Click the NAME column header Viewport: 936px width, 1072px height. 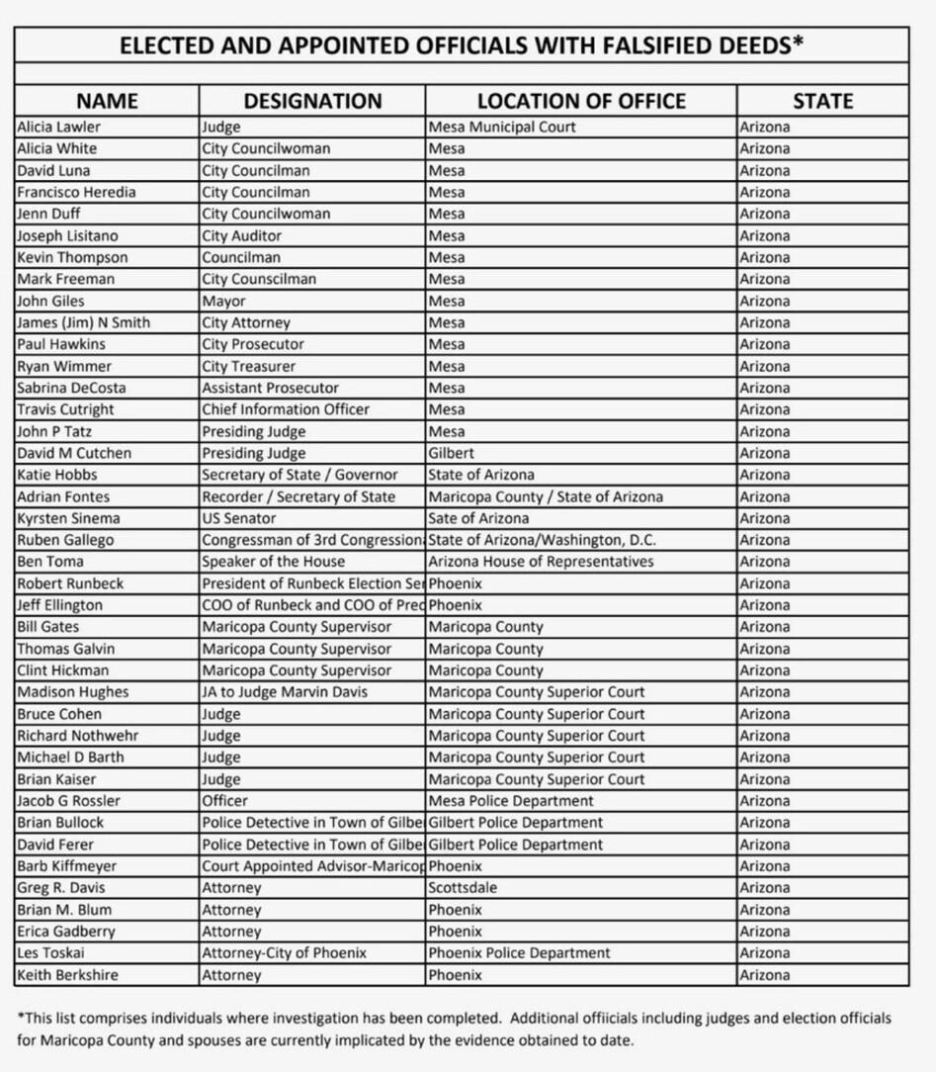(107, 101)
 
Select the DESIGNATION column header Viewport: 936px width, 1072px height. (312, 101)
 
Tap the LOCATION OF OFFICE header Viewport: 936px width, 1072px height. (581, 101)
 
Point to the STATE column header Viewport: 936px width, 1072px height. (822, 101)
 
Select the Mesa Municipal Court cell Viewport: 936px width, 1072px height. (502, 127)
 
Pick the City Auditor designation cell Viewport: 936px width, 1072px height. (242, 235)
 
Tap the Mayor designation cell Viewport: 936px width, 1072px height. (223, 301)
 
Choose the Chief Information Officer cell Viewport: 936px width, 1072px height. (286, 409)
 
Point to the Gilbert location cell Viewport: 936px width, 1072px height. (451, 453)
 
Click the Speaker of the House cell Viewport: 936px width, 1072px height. (274, 562)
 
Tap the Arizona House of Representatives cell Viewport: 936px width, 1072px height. (541, 562)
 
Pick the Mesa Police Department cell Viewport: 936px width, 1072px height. (511, 801)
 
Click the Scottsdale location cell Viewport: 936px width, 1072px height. (463, 888)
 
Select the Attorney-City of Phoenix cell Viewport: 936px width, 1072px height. (285, 953)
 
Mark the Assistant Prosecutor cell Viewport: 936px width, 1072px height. (270, 388)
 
